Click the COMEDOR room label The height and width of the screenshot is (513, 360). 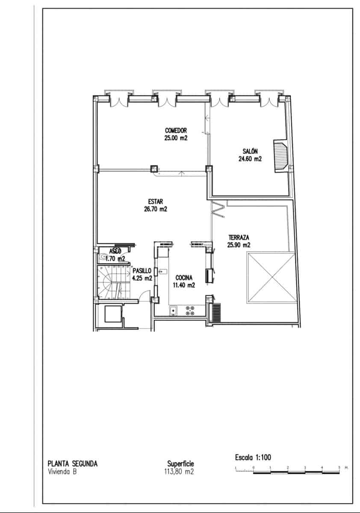[176, 130]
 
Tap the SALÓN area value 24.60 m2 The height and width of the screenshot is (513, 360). [250, 159]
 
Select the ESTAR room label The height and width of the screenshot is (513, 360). [156, 202]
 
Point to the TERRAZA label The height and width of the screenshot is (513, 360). [239, 237]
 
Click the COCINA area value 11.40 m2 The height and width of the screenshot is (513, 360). [184, 285]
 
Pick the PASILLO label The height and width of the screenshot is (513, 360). [142, 271]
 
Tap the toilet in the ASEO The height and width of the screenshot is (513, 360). [103, 257]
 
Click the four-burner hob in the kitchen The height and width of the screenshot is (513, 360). [190, 310]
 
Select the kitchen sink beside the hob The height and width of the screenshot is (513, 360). [174, 311]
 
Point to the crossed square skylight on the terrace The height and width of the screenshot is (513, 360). [271, 277]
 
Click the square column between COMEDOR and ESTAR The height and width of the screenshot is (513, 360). [153, 168]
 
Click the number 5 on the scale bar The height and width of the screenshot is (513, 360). [339, 468]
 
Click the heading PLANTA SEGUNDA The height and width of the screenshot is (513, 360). [72, 463]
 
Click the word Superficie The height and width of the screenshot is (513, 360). [181, 464]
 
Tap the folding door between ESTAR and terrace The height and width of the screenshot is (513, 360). [218, 210]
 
